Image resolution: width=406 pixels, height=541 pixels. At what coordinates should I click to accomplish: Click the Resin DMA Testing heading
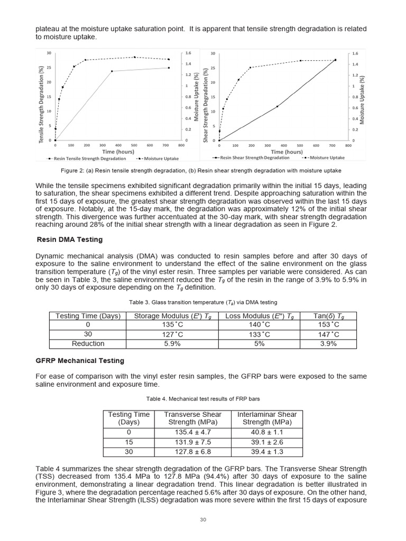(69, 239)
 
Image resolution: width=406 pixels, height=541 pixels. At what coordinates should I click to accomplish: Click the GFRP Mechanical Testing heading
(80, 360)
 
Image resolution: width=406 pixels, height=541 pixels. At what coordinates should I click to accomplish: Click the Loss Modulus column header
(260, 316)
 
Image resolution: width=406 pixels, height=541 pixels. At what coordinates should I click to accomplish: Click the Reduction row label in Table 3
(88, 343)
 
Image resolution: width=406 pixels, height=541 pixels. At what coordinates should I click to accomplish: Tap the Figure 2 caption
(201, 171)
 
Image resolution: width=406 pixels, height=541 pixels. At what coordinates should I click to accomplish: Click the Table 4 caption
(202, 398)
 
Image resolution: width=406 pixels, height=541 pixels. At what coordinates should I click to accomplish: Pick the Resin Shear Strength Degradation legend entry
(251, 157)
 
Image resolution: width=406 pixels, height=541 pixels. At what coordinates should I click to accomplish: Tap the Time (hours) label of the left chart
(118, 152)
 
